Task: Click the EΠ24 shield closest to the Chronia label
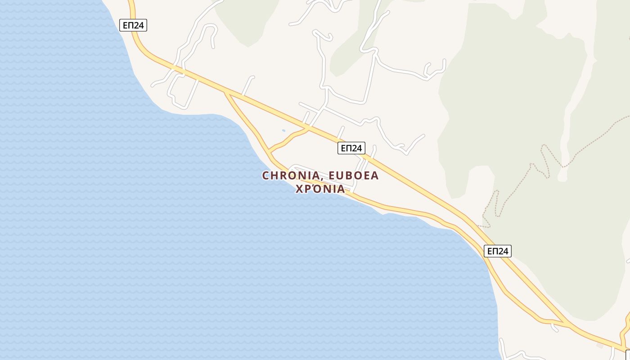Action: (x=351, y=148)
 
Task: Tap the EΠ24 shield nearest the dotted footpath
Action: (x=498, y=251)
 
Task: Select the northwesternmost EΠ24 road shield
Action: (x=134, y=25)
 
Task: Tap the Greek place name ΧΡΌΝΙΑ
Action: (x=320, y=189)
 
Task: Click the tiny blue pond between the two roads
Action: (x=283, y=131)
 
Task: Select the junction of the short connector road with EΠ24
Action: (x=309, y=129)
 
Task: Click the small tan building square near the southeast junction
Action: (x=599, y=346)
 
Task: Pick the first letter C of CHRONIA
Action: (x=265, y=176)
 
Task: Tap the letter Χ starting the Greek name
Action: (x=299, y=189)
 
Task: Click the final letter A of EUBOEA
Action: (x=374, y=176)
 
